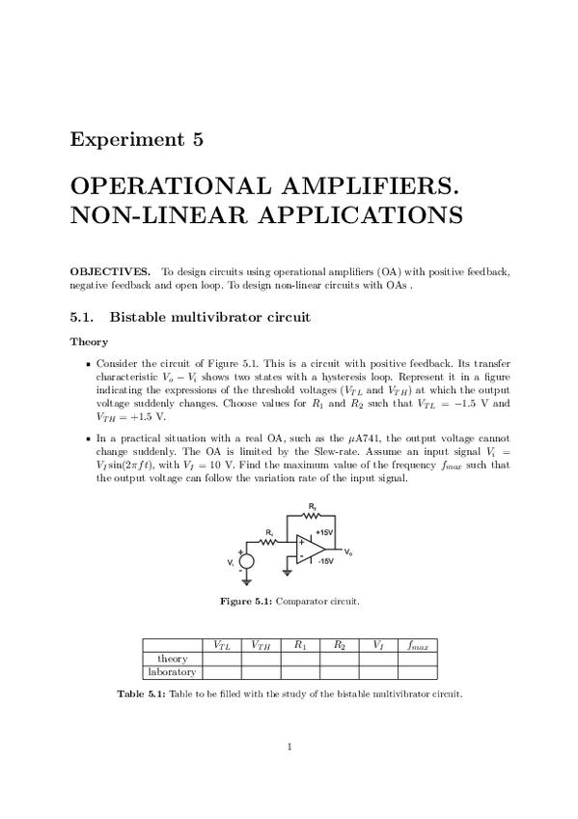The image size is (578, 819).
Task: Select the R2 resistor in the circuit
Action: tap(312, 514)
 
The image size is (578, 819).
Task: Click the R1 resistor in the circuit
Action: tap(271, 540)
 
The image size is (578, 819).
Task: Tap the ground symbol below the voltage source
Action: tap(247, 582)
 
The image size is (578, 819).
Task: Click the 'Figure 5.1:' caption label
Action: tap(247, 602)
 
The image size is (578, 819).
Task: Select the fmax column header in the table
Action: tap(417, 644)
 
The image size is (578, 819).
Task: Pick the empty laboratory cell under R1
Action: tap(299, 672)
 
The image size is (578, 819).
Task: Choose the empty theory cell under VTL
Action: tap(220, 659)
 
